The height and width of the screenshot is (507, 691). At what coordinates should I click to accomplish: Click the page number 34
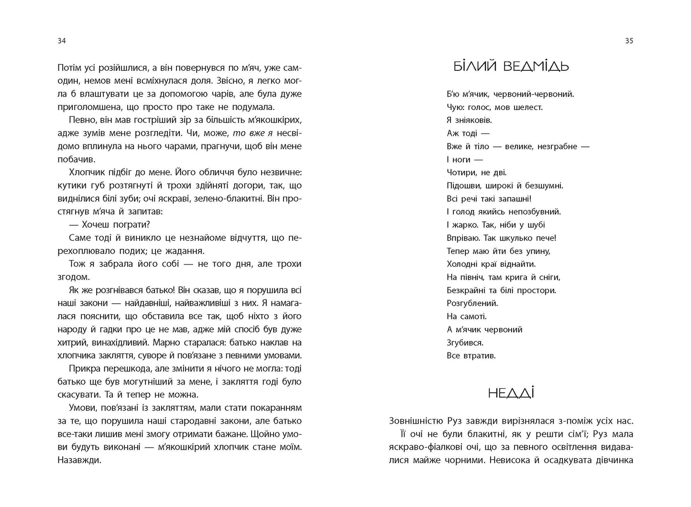pos(61,41)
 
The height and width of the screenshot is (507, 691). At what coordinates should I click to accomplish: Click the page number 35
pos(629,41)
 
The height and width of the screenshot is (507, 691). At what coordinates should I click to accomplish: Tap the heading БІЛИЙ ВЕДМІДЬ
pos(511,66)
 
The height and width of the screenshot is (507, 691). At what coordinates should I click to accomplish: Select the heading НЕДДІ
pos(511,394)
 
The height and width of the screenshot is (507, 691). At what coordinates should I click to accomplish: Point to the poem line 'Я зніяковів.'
pos(469,121)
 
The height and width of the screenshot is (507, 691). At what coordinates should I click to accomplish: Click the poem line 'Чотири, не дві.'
pos(476,173)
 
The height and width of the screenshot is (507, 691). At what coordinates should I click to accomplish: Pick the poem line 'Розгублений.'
pos(472,303)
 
